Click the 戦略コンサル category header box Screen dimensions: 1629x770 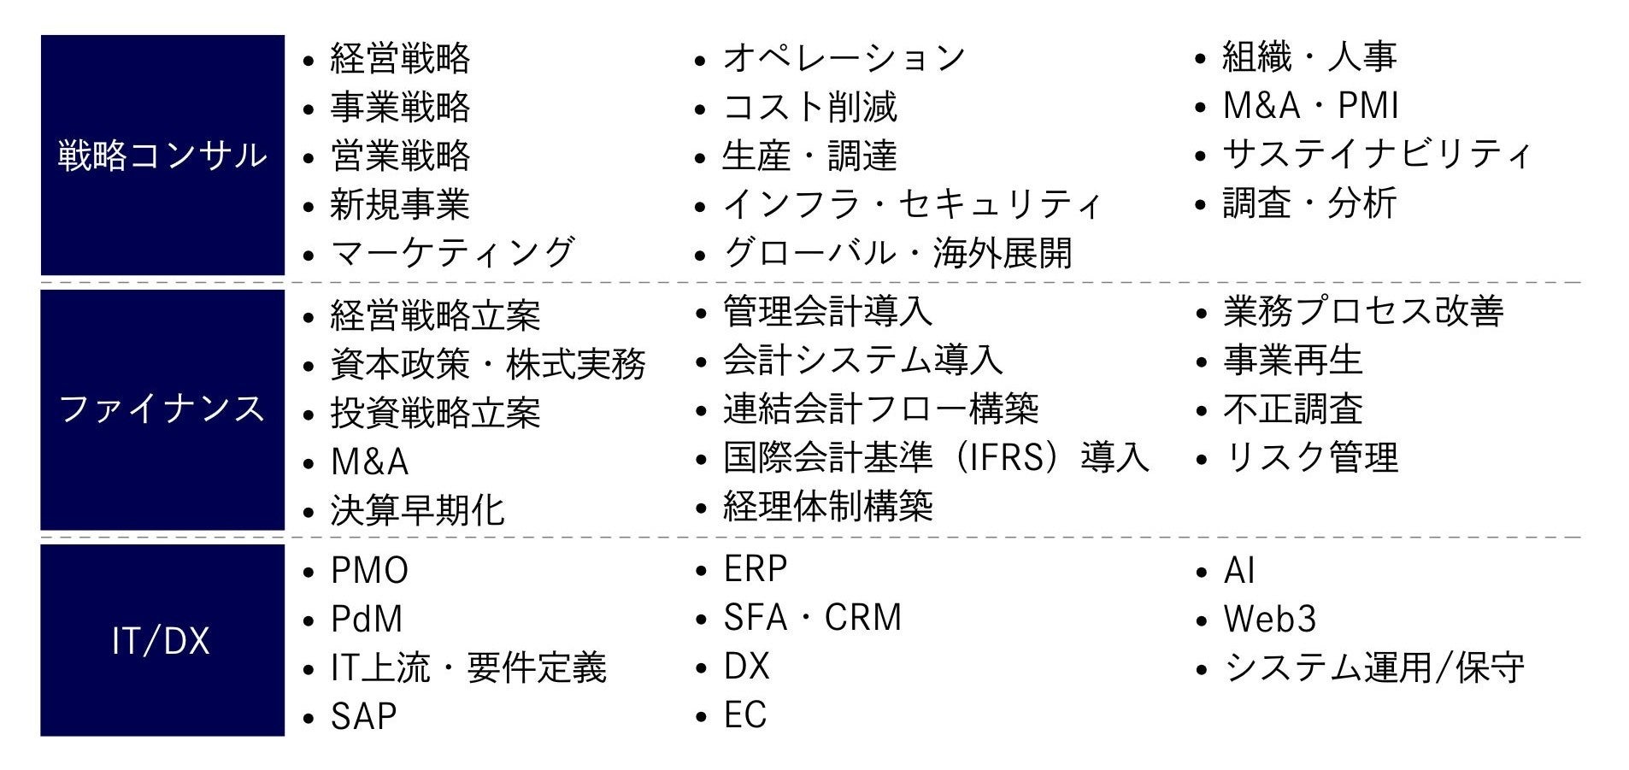pos(162,155)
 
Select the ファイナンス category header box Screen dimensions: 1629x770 pos(162,409)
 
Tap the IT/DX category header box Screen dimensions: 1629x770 pos(162,640)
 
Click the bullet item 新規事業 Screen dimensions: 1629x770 pos(400,205)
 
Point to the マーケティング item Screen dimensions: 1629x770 pos(452,254)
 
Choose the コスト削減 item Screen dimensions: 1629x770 pos(809,108)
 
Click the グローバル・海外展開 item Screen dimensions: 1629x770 pos(897,254)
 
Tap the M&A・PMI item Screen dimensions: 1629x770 pos(1310,106)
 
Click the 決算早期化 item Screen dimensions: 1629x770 pos(418,511)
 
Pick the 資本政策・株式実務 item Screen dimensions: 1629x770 pos(488,365)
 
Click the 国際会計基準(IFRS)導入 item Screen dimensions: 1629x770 pos(936,458)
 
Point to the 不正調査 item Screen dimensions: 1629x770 pos(1292,409)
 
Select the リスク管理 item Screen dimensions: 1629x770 pos(1310,458)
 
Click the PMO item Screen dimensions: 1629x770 pos(369,571)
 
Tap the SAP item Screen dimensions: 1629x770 pos(363,717)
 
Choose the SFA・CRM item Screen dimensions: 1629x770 pos(812,618)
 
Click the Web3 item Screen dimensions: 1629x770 pos(1269,620)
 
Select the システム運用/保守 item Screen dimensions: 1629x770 pos(1373,668)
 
